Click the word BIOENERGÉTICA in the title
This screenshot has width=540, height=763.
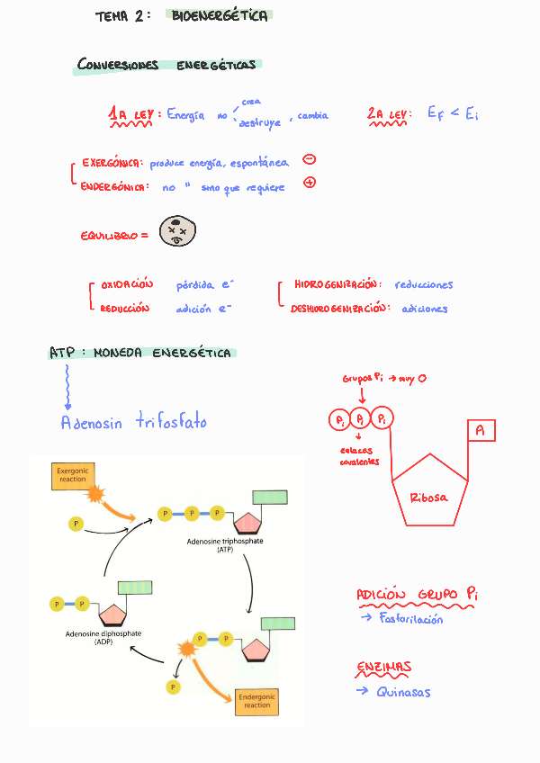[220, 16]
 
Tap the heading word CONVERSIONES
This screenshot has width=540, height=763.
[118, 65]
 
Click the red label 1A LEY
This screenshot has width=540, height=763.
[134, 115]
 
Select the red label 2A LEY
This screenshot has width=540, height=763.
[388, 114]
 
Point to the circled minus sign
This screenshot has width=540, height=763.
[309, 160]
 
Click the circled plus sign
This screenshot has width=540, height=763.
[310, 183]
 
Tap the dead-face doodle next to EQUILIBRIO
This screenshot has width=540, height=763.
[177, 232]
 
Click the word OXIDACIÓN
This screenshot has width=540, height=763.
[128, 285]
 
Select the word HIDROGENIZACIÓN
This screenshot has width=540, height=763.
[335, 285]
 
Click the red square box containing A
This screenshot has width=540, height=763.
[481, 432]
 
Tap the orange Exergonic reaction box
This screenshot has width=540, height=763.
[72, 476]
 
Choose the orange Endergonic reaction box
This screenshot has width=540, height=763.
[256, 701]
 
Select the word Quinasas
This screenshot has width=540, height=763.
[403, 692]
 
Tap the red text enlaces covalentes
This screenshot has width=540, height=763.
[358, 456]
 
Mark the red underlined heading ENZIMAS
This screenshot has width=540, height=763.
[383, 668]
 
